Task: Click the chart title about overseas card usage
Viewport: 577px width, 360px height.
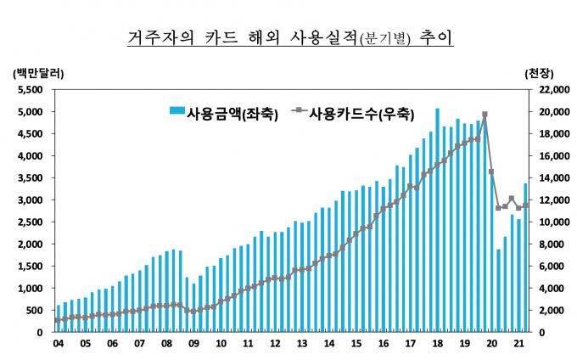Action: [290, 37]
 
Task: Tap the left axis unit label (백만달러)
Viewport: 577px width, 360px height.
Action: [38, 74]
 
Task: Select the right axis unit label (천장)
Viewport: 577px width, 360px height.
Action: [539, 74]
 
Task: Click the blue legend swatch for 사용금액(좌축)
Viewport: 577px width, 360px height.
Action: [177, 110]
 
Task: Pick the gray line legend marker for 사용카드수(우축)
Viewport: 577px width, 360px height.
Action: [299, 110]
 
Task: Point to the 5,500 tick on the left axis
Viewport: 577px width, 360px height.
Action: [30, 89]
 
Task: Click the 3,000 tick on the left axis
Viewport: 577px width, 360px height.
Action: [30, 200]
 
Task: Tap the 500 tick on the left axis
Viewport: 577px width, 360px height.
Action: [34, 310]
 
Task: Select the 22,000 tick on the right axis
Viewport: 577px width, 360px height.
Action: [555, 89]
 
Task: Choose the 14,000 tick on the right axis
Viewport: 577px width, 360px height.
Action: [555, 177]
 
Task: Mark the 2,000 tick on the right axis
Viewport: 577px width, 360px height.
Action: [552, 310]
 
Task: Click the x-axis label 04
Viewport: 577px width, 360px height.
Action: [59, 343]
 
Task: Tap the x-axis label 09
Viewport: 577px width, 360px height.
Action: [193, 343]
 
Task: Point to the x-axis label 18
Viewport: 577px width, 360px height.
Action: [438, 343]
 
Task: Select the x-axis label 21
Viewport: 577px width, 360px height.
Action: [518, 343]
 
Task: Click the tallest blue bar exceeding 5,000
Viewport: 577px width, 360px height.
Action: [437, 220]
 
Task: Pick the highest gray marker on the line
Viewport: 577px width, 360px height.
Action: [485, 114]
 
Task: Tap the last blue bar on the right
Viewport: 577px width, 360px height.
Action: [525, 257]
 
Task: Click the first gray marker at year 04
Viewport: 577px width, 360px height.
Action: [58, 320]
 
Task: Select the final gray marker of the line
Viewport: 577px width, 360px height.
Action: [525, 205]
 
